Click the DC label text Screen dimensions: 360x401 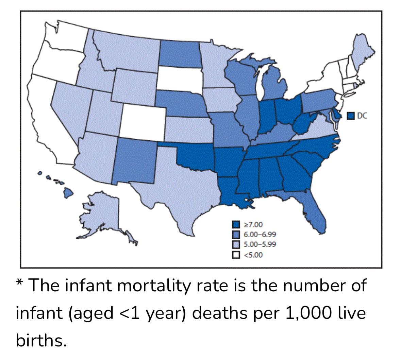[363, 116]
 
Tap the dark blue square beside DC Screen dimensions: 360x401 [351, 116]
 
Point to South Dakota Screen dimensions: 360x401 [179, 79]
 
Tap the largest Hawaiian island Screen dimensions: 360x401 [68, 193]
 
